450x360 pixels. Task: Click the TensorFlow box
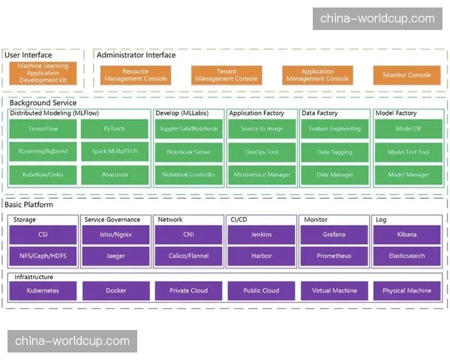pos(43,129)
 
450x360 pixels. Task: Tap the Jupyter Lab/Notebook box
pos(189,129)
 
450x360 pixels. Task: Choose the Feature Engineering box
pos(334,129)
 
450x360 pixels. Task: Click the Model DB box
pos(408,129)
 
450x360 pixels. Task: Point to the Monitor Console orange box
pos(406,75)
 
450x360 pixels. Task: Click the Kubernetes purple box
pos(43,290)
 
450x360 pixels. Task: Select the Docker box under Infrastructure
pos(115,290)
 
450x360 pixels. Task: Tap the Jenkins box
pos(261,235)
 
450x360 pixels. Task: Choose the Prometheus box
pos(334,256)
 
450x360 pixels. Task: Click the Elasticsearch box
pos(407,256)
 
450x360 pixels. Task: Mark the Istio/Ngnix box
pos(115,235)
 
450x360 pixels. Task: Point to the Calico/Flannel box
pos(188,256)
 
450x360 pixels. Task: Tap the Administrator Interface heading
pos(136,55)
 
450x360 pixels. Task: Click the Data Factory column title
pos(319,113)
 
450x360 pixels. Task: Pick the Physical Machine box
pos(407,290)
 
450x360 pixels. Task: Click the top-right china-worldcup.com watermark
pos(377,19)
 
